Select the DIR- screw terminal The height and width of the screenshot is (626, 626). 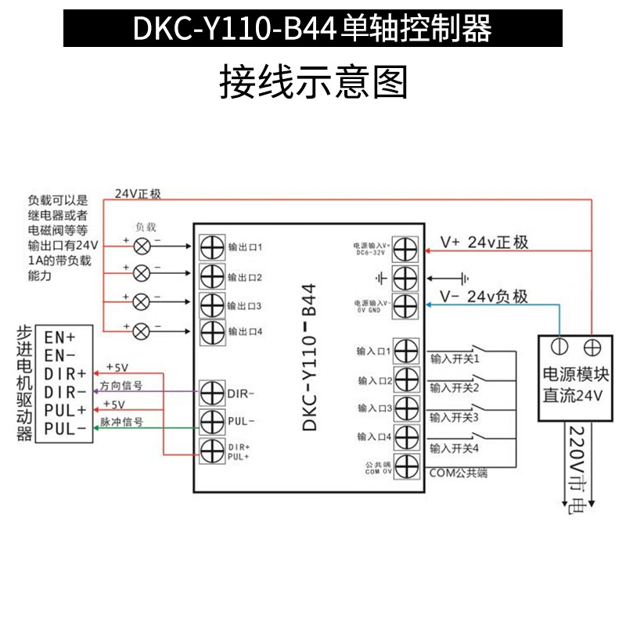tap(212, 391)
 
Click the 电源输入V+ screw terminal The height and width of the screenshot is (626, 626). tap(405, 249)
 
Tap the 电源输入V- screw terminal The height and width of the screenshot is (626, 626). tap(405, 305)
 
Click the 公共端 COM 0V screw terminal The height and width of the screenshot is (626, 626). tap(405, 467)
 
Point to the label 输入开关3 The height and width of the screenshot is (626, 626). tap(454, 418)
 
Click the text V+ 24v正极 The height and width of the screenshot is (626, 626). tap(484, 243)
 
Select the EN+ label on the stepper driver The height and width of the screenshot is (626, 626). tap(59, 338)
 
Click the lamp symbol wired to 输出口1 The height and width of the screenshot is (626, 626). tap(142, 246)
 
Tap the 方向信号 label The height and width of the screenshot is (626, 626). tap(121, 386)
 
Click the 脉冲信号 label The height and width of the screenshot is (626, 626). tap(121, 422)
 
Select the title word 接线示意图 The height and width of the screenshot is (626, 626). tap(313, 81)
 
